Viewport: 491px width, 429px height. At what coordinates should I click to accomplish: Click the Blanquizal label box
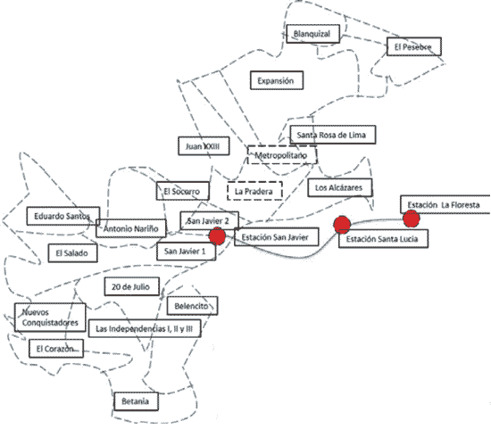pyautogui.click(x=312, y=34)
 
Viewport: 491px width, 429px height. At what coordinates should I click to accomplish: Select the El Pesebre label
pyautogui.click(x=414, y=46)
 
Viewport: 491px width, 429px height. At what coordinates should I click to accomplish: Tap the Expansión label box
pyautogui.click(x=277, y=80)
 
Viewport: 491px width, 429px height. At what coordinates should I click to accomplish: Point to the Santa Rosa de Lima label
pyautogui.click(x=333, y=135)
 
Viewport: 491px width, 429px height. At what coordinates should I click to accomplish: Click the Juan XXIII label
pyautogui.click(x=204, y=145)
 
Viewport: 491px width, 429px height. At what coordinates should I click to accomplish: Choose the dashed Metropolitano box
pyautogui.click(x=282, y=155)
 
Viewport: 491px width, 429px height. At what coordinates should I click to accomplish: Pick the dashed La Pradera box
pyautogui.click(x=254, y=191)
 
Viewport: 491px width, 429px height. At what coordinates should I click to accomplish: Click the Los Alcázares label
pyautogui.click(x=340, y=188)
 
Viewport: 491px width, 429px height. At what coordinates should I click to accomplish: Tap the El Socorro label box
pyautogui.click(x=182, y=191)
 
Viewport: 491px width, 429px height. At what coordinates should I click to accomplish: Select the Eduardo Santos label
pyautogui.click(x=63, y=216)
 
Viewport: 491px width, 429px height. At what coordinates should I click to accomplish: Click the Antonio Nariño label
pyautogui.click(x=131, y=228)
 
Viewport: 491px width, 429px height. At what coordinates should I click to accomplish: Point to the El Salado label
pyautogui.click(x=72, y=252)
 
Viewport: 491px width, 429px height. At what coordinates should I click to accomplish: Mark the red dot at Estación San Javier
pyautogui.click(x=217, y=236)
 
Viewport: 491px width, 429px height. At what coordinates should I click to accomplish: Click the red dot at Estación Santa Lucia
pyautogui.click(x=342, y=225)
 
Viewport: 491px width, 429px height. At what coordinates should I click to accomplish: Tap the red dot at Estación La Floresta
pyautogui.click(x=412, y=219)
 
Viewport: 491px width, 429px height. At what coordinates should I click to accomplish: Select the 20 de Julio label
pyautogui.click(x=131, y=286)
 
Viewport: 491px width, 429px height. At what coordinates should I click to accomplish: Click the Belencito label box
pyautogui.click(x=192, y=306)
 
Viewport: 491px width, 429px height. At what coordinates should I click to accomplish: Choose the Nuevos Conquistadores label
pyautogui.click(x=50, y=318)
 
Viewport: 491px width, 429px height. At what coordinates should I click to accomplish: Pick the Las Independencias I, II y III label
pyautogui.click(x=145, y=328)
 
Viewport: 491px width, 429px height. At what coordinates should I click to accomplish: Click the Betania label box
pyautogui.click(x=136, y=401)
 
